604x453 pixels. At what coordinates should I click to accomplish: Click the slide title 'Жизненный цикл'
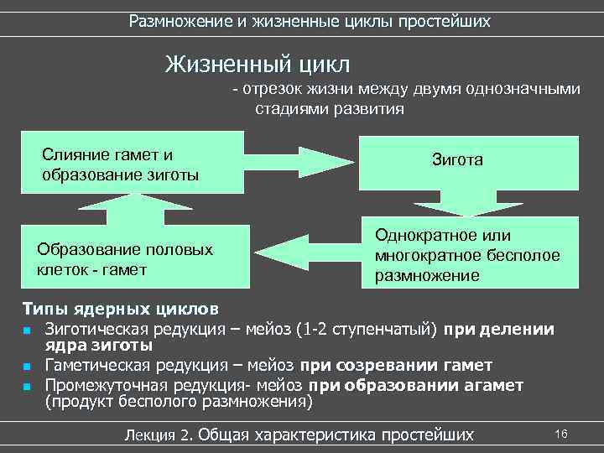pos(258,63)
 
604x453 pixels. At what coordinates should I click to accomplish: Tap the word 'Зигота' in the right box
pos(457,159)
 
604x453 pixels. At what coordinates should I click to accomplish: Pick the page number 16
pos(561,433)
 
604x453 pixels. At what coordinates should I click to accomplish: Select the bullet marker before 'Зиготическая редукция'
pos(28,329)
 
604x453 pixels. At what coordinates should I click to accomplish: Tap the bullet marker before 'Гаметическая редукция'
pos(28,367)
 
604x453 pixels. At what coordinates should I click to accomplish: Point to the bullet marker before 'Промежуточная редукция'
pos(28,387)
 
